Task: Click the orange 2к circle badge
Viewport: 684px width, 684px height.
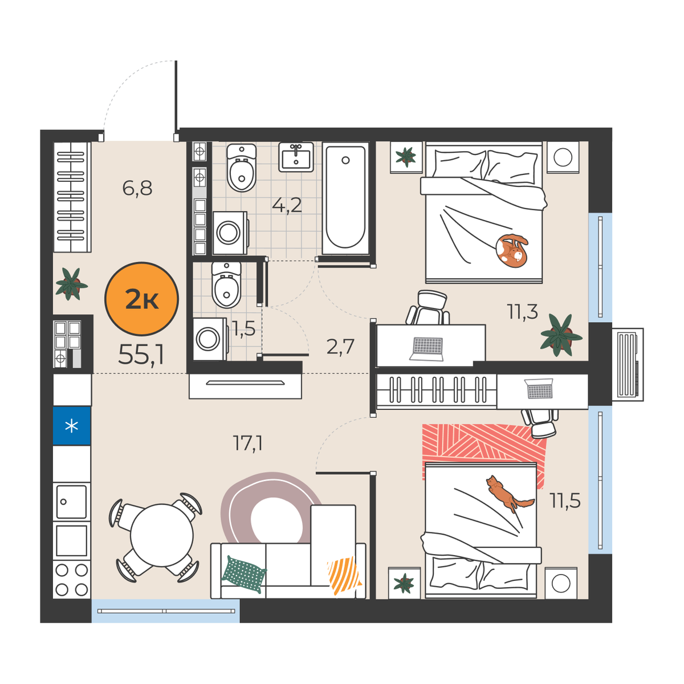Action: pos(141,299)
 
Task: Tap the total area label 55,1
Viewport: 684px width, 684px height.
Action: pos(141,355)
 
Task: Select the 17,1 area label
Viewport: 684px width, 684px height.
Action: pos(247,443)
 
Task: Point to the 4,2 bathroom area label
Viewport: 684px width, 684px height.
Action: pos(287,205)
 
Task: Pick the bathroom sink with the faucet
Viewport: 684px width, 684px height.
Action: pos(296,157)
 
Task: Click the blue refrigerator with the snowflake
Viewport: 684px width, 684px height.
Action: pos(72,426)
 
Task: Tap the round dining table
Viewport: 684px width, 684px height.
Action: pos(161,535)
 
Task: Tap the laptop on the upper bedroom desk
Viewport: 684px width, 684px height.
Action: pos(427,349)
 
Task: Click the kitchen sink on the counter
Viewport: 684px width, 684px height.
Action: pos(72,502)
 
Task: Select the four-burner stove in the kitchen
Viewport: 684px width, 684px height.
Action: pos(72,580)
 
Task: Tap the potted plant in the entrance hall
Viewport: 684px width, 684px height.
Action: pos(71,284)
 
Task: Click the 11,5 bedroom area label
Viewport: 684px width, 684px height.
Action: pos(565,500)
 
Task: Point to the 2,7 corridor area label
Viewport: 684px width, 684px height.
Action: pos(340,347)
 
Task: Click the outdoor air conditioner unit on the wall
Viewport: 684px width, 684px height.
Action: pos(628,365)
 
